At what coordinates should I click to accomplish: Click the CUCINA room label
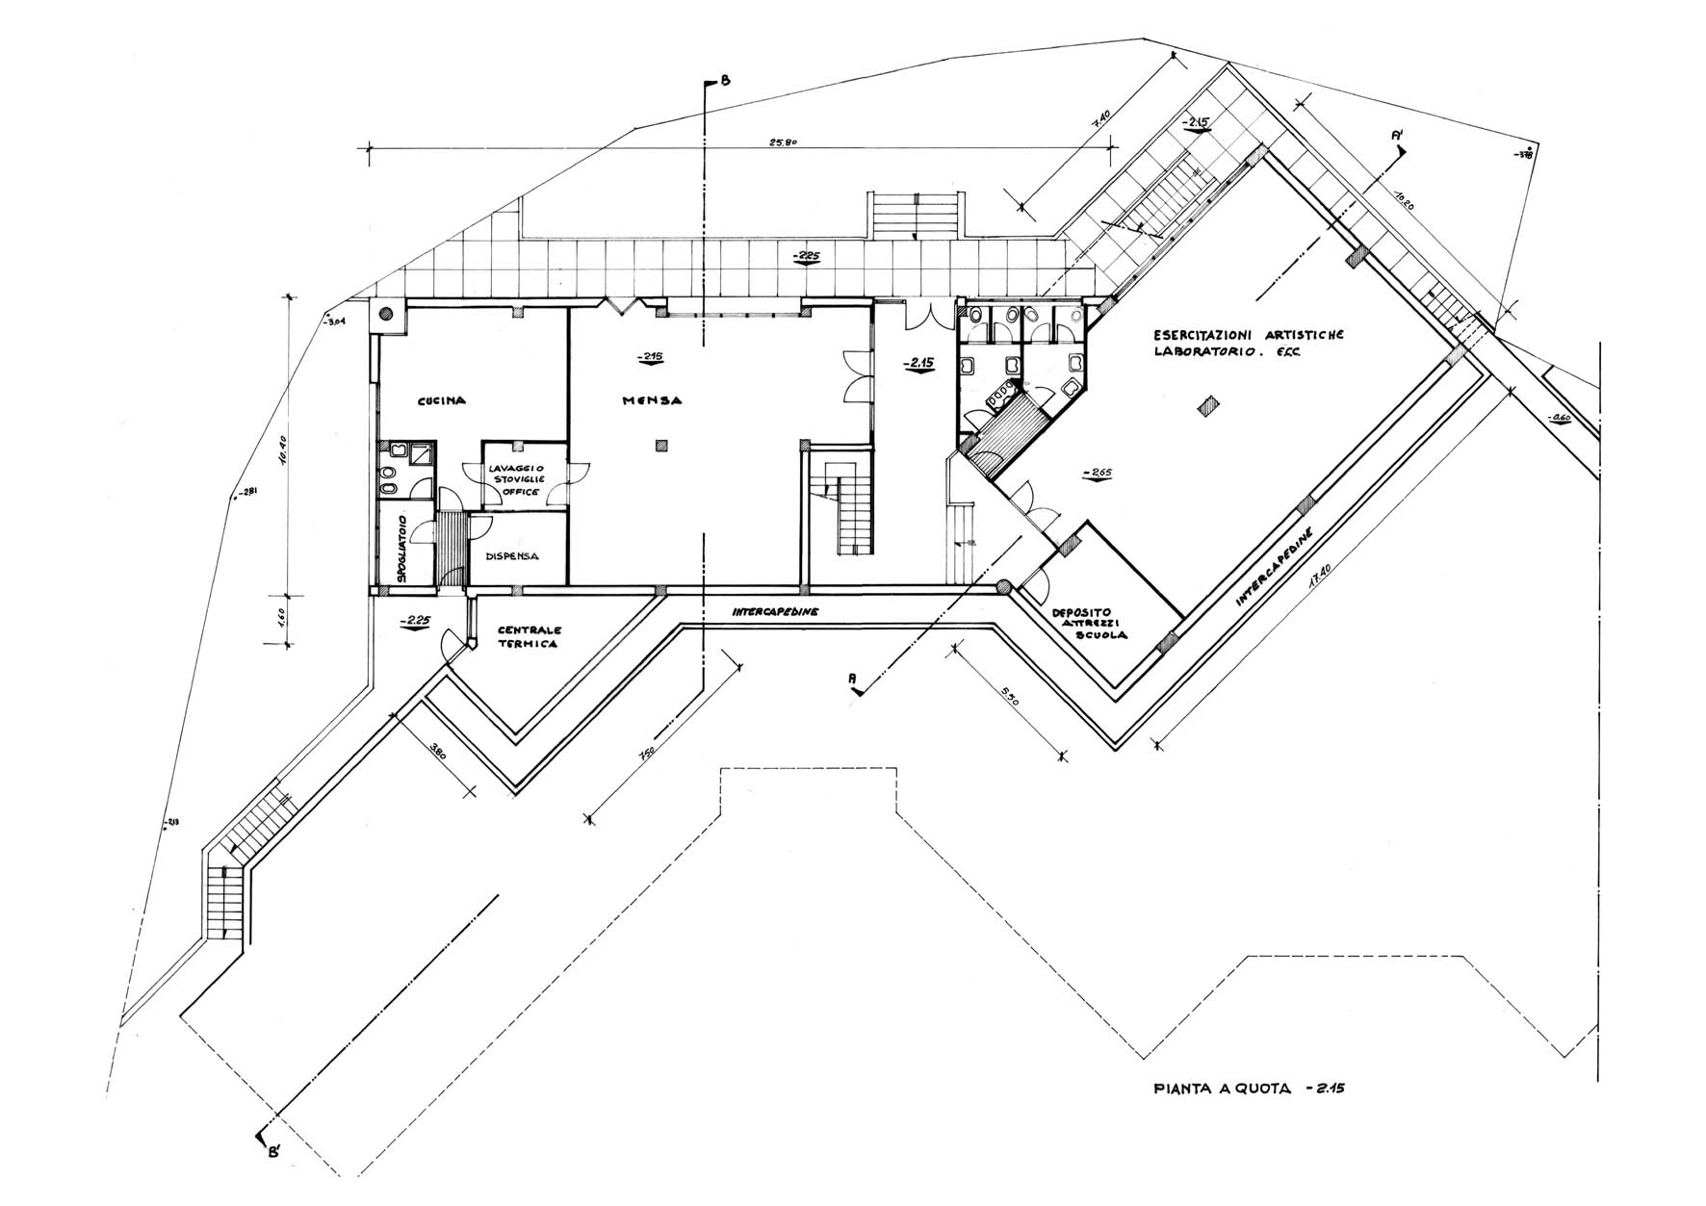442,401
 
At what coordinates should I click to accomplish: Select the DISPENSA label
511,556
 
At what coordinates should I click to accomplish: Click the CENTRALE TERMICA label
527,638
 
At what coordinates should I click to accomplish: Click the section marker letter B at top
724,82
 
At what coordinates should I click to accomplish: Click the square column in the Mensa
659,444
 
